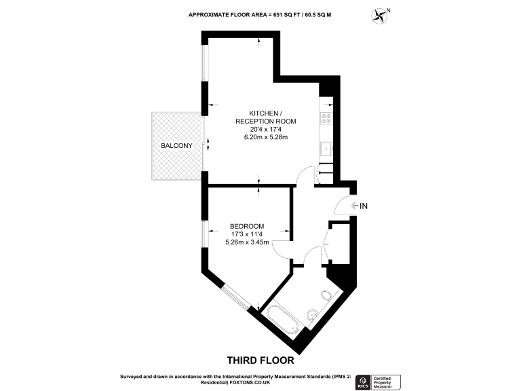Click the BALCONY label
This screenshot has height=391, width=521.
(x=176, y=147)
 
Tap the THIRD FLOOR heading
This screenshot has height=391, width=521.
(x=260, y=360)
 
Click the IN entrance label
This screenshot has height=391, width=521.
(x=363, y=206)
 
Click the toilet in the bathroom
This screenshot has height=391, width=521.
(x=327, y=295)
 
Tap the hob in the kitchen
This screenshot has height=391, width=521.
(x=326, y=117)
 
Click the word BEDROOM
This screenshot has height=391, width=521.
(x=247, y=226)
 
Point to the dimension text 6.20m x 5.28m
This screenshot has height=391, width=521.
(x=266, y=138)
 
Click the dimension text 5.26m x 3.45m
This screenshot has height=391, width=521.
(x=247, y=242)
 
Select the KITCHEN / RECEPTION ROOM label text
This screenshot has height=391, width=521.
(x=266, y=116)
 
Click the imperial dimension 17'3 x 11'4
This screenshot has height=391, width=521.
(x=247, y=234)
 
